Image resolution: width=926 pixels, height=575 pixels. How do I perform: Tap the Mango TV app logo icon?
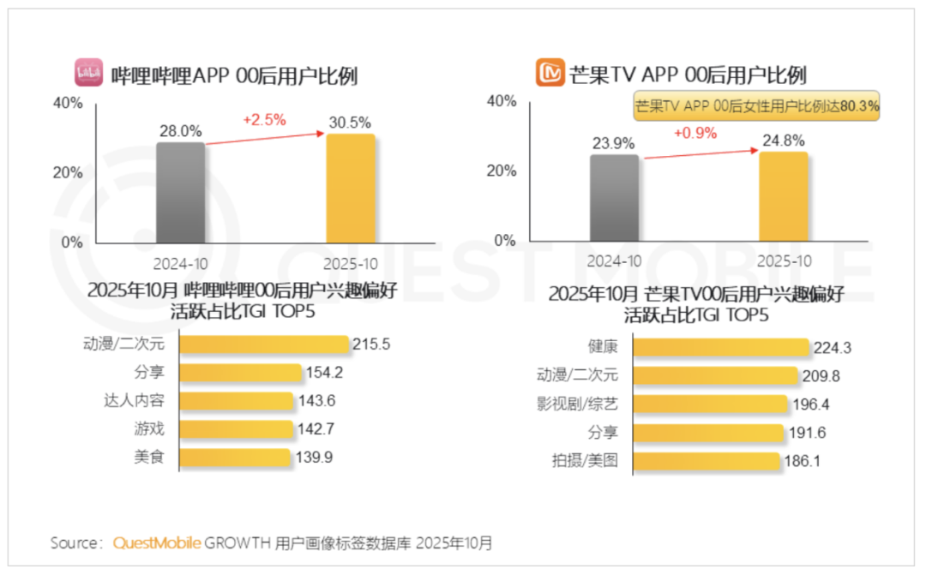click(550, 73)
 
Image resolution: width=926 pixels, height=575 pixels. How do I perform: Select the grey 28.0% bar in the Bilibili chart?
click(180, 193)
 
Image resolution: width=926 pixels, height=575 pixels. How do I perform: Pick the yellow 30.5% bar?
click(351, 189)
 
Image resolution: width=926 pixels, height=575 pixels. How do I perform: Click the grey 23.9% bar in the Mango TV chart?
click(614, 198)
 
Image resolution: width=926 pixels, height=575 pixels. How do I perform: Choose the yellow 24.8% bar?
click(784, 196)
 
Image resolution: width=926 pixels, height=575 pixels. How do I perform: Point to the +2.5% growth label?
click(264, 120)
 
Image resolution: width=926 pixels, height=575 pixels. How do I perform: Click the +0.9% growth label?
click(695, 133)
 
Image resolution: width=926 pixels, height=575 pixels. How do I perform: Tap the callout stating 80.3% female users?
click(756, 108)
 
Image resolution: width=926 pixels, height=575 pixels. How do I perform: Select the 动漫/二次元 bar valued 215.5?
click(264, 344)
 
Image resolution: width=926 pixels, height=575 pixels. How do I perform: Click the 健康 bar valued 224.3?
click(721, 347)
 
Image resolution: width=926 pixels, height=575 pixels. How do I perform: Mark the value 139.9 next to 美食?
click(315, 458)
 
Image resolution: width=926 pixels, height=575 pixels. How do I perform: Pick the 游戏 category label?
click(147, 429)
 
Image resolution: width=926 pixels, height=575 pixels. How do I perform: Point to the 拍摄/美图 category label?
click(583, 461)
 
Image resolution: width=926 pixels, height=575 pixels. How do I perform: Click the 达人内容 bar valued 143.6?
click(236, 401)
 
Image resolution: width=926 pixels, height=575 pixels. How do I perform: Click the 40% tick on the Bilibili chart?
click(69, 103)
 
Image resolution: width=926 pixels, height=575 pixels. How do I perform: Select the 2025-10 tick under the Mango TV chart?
click(782, 261)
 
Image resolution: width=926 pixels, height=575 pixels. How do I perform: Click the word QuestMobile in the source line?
click(158, 543)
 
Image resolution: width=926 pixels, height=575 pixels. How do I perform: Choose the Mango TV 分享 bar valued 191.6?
click(708, 433)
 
